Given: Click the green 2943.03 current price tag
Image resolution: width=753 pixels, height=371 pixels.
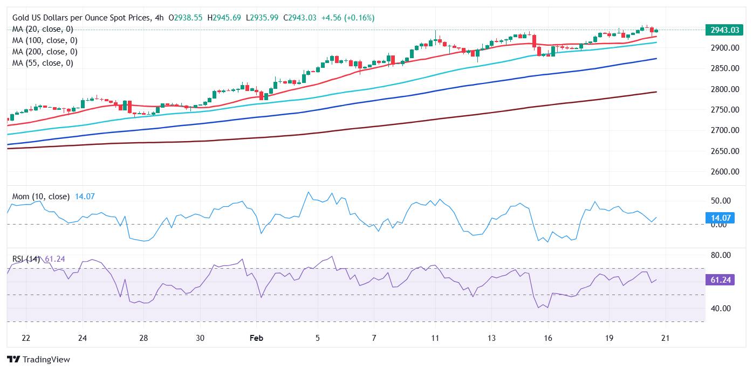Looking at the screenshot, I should click(724, 30).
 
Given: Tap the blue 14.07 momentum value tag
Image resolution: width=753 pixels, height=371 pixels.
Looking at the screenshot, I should click(724, 218).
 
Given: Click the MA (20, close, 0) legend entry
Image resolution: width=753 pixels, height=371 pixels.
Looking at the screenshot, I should click(43, 29).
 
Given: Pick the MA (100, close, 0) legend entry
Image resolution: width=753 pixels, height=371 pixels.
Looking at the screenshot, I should click(45, 40).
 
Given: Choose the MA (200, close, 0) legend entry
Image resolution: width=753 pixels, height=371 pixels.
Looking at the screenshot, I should click(45, 52).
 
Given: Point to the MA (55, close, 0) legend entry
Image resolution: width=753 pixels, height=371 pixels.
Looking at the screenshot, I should click(43, 63).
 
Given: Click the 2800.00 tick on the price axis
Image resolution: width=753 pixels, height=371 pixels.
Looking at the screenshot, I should click(724, 89).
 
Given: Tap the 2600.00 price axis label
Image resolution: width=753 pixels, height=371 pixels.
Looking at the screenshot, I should click(724, 172).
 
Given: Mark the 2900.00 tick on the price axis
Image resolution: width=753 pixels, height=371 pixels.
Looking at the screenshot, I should click(724, 48).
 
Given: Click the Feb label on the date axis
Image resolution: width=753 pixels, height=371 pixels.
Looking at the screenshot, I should click(257, 338).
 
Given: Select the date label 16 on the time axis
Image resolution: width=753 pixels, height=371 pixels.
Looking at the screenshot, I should click(548, 338).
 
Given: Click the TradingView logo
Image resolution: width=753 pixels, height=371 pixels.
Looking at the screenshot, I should click(38, 359).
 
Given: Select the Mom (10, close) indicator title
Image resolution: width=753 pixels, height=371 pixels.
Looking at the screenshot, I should click(41, 197).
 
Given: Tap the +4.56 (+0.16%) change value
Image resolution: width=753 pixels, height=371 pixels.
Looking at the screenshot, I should click(348, 18).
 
